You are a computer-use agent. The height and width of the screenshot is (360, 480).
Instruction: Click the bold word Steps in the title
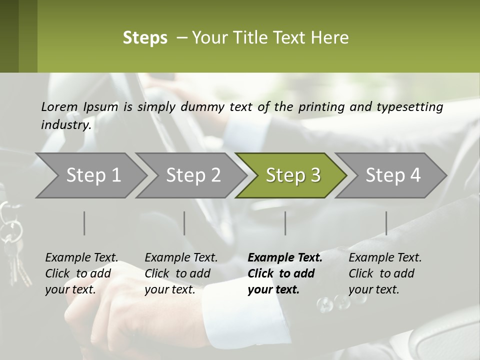click(x=145, y=38)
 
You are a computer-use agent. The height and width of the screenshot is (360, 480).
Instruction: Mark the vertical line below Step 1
click(x=84, y=223)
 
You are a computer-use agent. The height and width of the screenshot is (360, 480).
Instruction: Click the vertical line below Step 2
click(x=184, y=223)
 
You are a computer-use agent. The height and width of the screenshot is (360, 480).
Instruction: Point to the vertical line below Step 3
click(x=285, y=223)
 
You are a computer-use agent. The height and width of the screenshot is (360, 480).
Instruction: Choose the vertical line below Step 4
click(x=386, y=223)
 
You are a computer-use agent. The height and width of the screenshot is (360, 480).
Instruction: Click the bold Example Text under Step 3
click(x=285, y=258)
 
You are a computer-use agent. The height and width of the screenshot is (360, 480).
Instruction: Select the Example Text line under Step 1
click(x=81, y=258)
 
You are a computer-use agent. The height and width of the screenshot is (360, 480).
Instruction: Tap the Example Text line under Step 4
click(x=385, y=258)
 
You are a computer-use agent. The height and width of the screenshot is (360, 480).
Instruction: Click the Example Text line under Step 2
click(x=181, y=258)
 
